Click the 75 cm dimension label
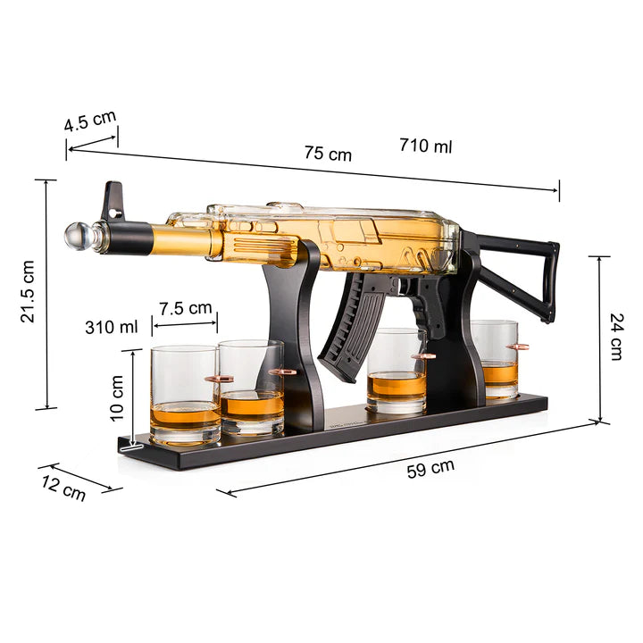(328, 153)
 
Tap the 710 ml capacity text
(425, 146)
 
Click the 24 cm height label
(616, 336)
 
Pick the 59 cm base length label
(430, 467)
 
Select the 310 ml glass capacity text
(112, 327)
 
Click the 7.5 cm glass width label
(186, 308)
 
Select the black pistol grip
(431, 308)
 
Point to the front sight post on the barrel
(113, 201)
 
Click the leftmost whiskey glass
(185, 395)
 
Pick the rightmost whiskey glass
(497, 359)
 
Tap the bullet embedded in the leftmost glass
(218, 379)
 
